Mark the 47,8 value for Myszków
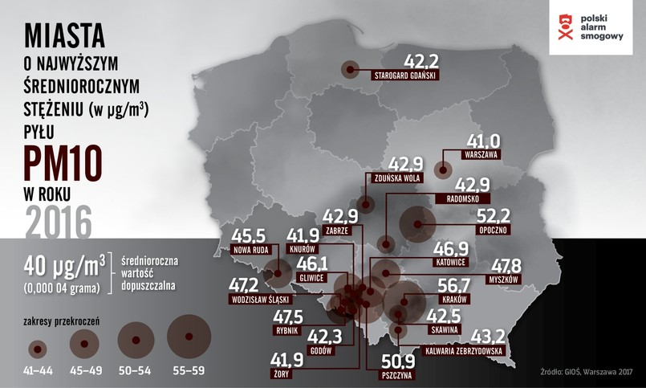click(x=506, y=264)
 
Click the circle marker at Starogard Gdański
click(x=349, y=69)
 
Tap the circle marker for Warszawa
click(x=441, y=169)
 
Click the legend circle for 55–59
click(x=189, y=337)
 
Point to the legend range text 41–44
click(x=38, y=371)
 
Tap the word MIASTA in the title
click(x=65, y=35)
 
